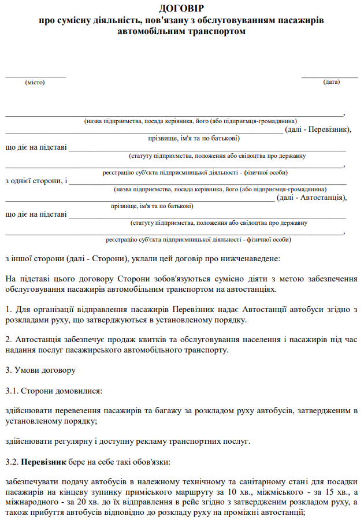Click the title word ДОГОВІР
click(181, 8)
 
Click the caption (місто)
click(35, 83)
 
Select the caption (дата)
click(331, 82)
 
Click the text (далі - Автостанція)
click(311, 198)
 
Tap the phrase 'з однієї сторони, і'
click(36, 181)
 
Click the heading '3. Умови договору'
click(40, 369)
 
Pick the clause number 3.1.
click(12, 391)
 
